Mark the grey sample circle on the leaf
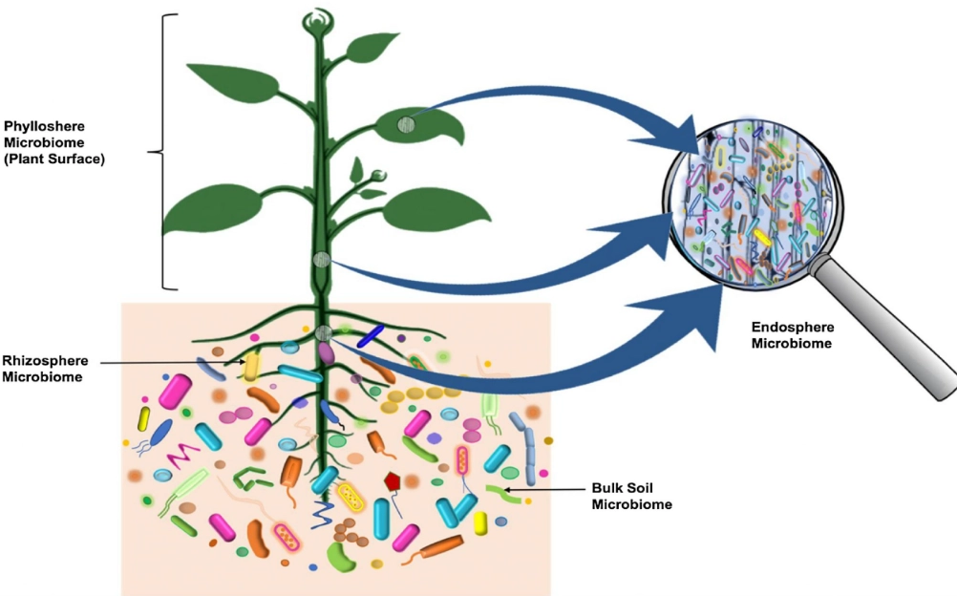(x=406, y=123)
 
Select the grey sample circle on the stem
(x=322, y=260)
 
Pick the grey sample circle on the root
(x=324, y=332)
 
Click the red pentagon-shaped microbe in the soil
(x=392, y=482)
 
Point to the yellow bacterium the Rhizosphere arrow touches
(x=251, y=365)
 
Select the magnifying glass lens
(x=755, y=206)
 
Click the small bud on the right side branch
(x=379, y=175)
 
